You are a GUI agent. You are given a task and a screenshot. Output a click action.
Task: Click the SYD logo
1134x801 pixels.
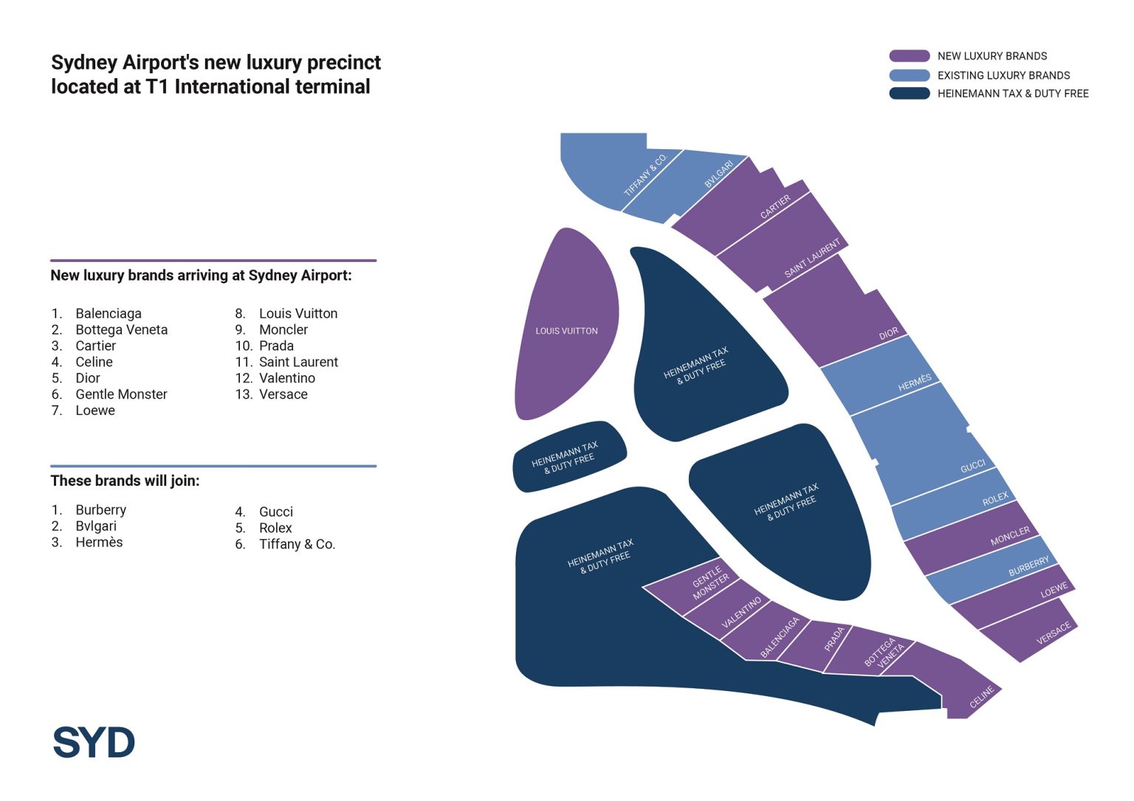click(94, 742)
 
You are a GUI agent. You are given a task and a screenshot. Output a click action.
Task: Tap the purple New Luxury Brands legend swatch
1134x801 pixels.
click(909, 56)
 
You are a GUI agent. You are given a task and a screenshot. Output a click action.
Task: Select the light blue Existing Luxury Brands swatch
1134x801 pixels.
click(909, 75)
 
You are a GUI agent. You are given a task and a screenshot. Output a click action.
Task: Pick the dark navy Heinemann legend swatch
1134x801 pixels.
click(909, 94)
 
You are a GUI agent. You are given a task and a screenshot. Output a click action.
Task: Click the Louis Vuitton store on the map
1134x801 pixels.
click(566, 331)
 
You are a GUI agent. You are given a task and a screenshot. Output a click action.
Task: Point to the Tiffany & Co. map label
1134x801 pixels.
click(645, 175)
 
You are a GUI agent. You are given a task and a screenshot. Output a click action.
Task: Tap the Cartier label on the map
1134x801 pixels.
click(775, 207)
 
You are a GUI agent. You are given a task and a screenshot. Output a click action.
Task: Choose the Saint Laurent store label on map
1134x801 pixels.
click(812, 258)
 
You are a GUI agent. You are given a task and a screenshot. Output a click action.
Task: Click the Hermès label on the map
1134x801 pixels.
click(915, 382)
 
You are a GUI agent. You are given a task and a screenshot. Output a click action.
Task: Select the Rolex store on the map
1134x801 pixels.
click(994, 500)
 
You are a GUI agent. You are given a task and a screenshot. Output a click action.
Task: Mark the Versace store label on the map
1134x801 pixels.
click(1054, 633)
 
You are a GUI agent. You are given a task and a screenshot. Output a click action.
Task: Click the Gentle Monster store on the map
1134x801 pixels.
click(710, 582)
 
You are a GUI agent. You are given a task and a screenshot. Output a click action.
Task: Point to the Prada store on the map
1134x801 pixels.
click(834, 639)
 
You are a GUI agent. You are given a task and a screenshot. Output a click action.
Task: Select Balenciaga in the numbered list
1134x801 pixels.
click(109, 314)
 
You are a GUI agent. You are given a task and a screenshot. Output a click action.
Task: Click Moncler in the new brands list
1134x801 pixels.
click(283, 330)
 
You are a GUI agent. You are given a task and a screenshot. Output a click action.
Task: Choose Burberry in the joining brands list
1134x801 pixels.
click(100, 510)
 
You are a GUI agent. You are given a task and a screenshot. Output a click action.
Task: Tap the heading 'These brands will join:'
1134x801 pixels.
click(125, 481)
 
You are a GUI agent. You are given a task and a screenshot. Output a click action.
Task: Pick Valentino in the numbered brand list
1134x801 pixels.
click(287, 378)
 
